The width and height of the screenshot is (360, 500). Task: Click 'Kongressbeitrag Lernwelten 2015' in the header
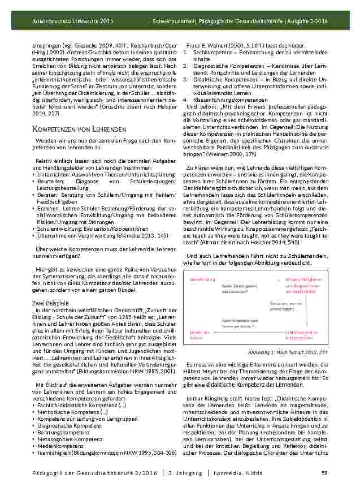pos(72,20)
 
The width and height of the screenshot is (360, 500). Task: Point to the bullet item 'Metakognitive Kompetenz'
pos(63,439)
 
